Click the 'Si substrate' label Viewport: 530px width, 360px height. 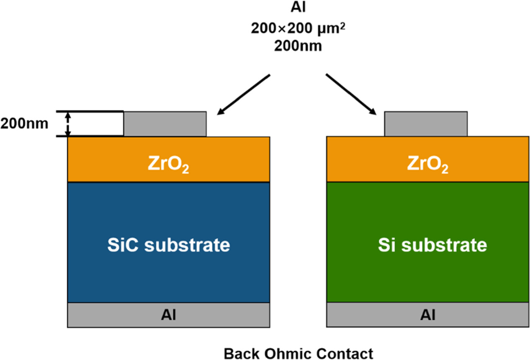[432, 245]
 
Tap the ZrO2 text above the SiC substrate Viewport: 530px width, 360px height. [168, 165]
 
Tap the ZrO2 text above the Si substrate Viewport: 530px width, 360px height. [427, 165]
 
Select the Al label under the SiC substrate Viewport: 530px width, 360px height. [168, 314]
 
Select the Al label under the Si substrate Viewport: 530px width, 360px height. [427, 314]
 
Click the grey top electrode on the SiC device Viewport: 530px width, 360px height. [165, 124]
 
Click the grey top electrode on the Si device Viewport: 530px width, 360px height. [426, 124]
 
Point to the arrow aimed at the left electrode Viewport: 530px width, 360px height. [244, 94]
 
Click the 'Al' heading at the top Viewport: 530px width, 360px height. [298, 9]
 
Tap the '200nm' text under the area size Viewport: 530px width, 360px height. [298, 45]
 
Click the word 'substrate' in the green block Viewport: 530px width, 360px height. [445, 245]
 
